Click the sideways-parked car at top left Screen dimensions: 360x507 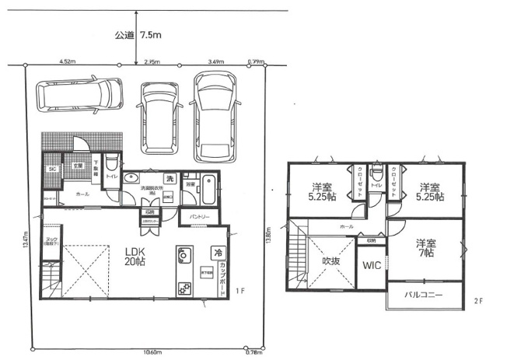pyautogui.click(x=80, y=95)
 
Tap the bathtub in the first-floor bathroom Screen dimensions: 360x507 pyautogui.click(x=209, y=188)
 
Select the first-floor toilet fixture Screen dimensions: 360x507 pyautogui.click(x=112, y=165)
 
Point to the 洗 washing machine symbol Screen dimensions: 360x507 pyautogui.click(x=168, y=179)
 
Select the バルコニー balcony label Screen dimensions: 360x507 pyautogui.click(x=423, y=295)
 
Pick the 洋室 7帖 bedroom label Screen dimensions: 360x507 pyautogui.click(x=424, y=247)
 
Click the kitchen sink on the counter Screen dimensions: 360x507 pyautogui.click(x=184, y=255)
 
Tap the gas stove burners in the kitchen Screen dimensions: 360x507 pyautogui.click(x=185, y=288)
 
